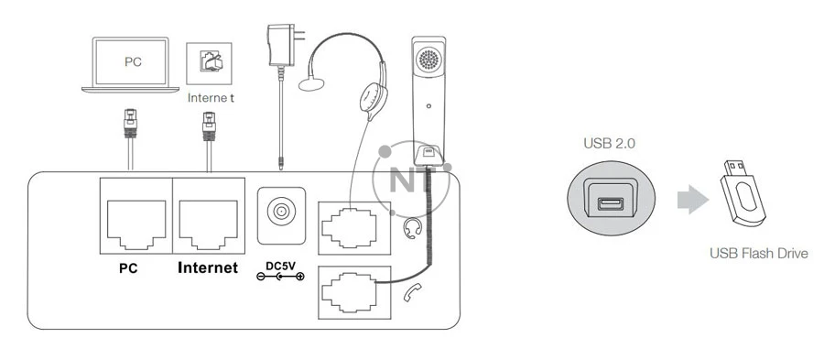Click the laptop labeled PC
click(x=134, y=64)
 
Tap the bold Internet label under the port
click(x=208, y=269)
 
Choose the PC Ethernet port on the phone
click(x=134, y=219)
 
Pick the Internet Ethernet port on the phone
click(x=209, y=219)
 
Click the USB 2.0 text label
click(x=609, y=144)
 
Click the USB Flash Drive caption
click(x=759, y=253)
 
